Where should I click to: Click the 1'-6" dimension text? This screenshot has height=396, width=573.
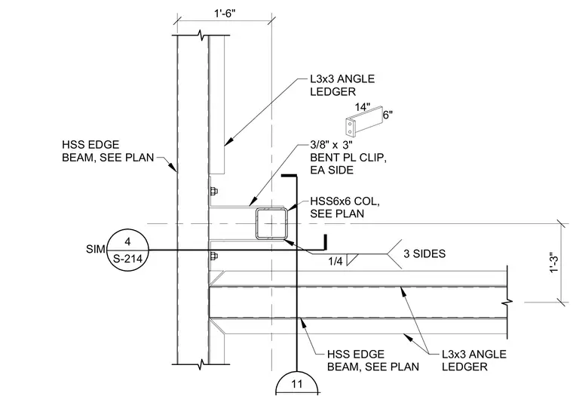(x=225, y=14)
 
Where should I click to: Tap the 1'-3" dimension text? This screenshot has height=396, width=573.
(x=554, y=263)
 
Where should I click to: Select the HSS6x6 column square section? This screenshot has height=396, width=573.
(x=271, y=223)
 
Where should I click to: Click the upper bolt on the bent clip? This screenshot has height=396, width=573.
(x=213, y=192)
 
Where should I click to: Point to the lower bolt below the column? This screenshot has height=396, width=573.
(x=213, y=256)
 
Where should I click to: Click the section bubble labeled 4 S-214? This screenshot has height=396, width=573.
(x=127, y=250)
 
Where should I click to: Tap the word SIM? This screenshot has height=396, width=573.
(x=95, y=249)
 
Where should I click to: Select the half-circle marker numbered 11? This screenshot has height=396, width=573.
(x=297, y=383)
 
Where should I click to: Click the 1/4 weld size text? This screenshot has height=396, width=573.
(x=335, y=261)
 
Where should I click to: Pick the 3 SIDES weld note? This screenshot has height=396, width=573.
(x=424, y=253)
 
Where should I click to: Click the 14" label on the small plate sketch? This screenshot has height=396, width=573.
(x=363, y=107)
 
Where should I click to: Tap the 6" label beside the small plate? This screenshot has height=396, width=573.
(x=388, y=115)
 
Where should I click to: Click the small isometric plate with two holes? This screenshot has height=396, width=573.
(x=364, y=121)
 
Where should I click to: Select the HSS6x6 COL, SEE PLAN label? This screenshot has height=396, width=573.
(x=345, y=207)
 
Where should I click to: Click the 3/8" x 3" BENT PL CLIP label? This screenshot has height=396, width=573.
(x=348, y=157)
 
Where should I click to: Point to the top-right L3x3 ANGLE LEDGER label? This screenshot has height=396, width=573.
(x=342, y=84)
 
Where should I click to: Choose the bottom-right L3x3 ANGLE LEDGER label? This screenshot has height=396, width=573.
(x=474, y=360)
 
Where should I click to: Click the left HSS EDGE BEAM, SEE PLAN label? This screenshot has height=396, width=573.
(x=108, y=151)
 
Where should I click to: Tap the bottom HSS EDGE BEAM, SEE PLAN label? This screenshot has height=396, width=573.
(x=373, y=360)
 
